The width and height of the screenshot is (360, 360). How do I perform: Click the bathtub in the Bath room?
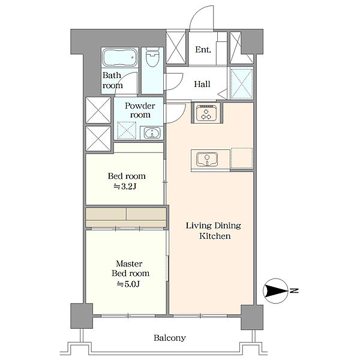coord(119,58)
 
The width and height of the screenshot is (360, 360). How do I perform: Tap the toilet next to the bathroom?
coord(152,57)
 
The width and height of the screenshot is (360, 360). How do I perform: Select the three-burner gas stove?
coord(206,113)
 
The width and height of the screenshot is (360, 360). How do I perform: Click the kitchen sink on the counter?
coord(207,159)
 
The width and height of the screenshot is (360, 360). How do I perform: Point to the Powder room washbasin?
coord(152,133)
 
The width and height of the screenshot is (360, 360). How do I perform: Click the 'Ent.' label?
coord(203,50)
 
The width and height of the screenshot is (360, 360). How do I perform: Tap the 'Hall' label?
coord(202,84)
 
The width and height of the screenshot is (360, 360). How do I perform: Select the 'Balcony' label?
coord(170,338)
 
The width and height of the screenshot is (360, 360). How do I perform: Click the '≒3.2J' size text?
coord(125,187)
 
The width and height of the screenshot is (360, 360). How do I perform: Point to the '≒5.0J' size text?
coord(128,284)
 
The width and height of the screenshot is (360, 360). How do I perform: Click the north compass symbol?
coord(275,291)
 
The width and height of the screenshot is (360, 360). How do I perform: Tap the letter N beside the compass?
coord(294,290)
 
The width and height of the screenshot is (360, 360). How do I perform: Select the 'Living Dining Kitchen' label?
coord(214,231)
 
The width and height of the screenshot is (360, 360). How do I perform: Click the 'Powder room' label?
coord(140,110)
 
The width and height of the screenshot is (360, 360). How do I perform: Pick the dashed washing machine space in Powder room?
coord(127,130)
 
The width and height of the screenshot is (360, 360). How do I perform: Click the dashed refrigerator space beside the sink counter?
coord(242,158)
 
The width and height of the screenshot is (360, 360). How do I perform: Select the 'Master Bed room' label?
coord(130,268)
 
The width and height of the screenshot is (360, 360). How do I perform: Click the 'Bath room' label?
coord(112,80)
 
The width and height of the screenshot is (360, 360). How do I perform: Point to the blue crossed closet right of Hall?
coord(242,83)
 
